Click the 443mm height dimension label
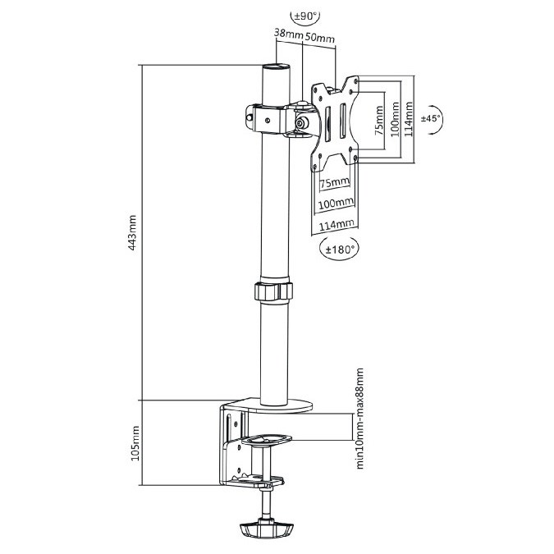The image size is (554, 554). (x=132, y=233)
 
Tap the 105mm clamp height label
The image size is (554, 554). (x=135, y=443)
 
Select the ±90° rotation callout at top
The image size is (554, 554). (x=305, y=16)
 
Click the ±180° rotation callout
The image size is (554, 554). (x=339, y=250)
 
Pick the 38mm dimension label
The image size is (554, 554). (x=289, y=34)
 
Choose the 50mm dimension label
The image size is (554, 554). (x=320, y=37)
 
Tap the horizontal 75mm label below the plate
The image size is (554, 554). (x=335, y=183)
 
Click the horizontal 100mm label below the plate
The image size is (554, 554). (x=336, y=204)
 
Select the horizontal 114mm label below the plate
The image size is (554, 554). (x=337, y=225)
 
